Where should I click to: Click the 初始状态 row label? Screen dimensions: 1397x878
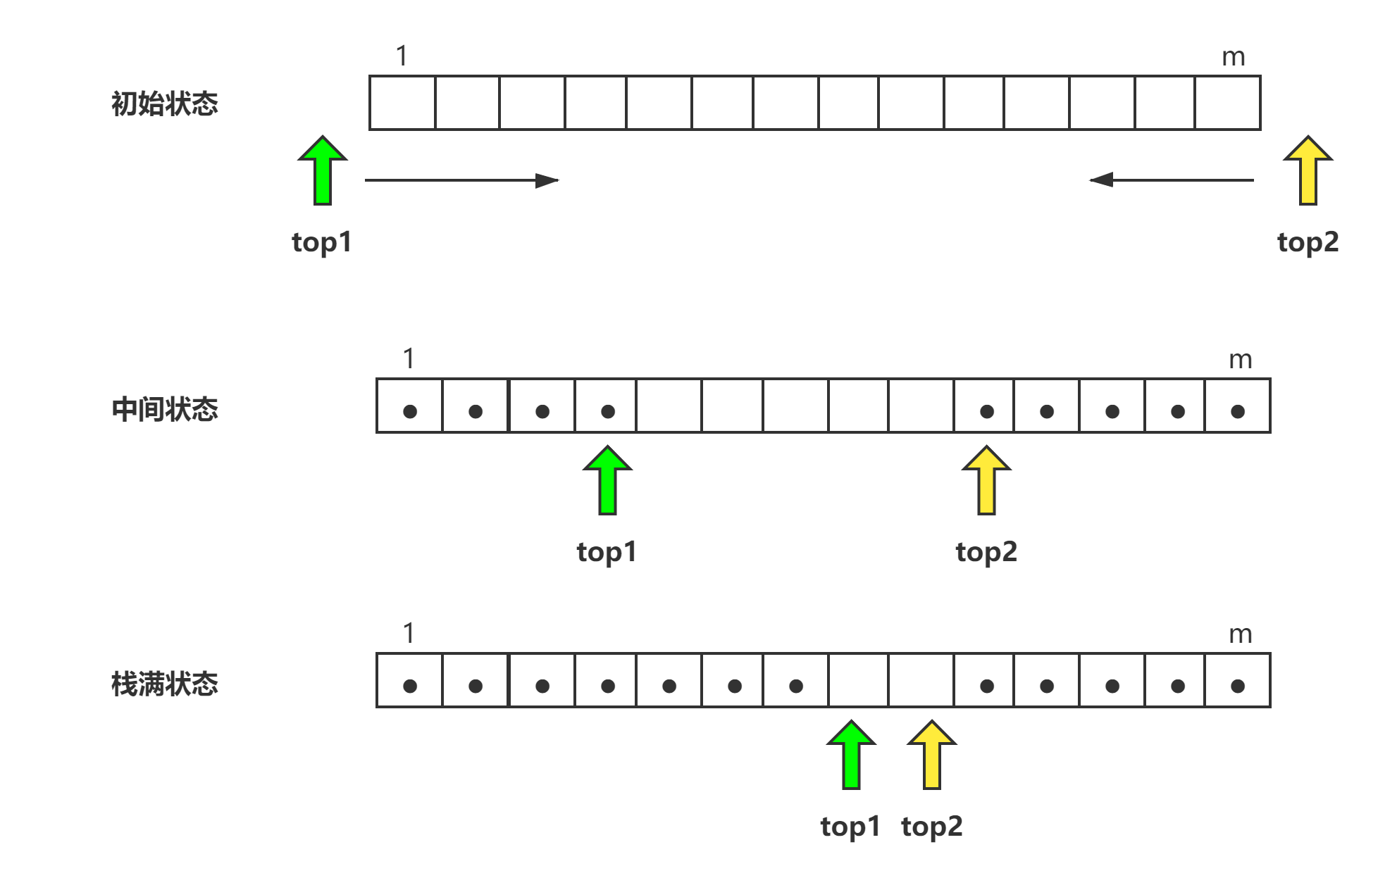[x=165, y=104]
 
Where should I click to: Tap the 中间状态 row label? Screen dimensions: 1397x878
[x=165, y=409]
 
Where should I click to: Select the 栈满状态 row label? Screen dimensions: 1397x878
[x=165, y=684]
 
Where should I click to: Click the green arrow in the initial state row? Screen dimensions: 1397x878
[x=323, y=170]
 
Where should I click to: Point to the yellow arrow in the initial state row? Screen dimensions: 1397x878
[x=1308, y=170]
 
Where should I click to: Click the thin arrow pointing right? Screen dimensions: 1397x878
[x=462, y=180]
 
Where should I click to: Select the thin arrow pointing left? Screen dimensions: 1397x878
[x=1171, y=180]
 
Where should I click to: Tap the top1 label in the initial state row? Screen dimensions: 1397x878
[x=321, y=242]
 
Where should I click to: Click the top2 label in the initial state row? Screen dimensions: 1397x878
[x=1308, y=242]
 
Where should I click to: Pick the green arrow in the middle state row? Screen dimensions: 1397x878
[x=607, y=480]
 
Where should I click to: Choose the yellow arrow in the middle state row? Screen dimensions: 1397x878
[x=986, y=480]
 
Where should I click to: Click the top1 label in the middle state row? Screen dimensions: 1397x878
[x=607, y=552]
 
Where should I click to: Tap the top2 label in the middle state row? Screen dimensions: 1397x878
[x=986, y=552]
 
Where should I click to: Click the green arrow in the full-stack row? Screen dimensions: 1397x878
[x=851, y=755]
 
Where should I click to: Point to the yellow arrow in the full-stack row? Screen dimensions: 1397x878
[x=931, y=755]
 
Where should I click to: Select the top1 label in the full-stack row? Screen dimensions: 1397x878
[x=850, y=827]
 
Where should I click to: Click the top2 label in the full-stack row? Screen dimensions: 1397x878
[x=931, y=827]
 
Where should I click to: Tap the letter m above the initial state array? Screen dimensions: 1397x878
[x=1234, y=57]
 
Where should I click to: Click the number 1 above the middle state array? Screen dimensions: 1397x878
[x=409, y=358]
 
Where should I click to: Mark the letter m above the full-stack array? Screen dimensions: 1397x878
[x=1241, y=634]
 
